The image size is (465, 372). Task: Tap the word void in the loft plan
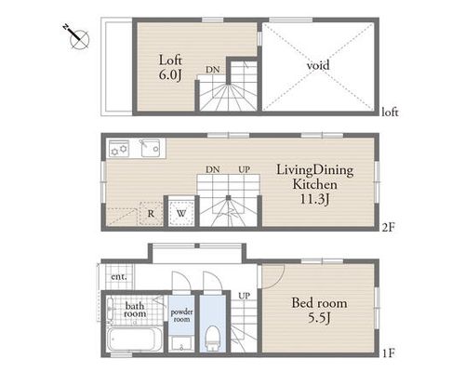318,65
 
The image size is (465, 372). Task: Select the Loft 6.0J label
170,68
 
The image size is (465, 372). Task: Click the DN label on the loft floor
213,70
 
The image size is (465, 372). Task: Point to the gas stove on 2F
119,148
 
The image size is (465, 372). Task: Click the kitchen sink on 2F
151,148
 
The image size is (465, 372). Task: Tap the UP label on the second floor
244,169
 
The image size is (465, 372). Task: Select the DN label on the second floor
213,169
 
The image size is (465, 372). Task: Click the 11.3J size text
314,199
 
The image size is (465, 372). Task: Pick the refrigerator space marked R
151,213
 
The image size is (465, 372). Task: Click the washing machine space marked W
181,213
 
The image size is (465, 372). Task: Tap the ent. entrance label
119,276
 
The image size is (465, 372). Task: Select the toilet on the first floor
213,338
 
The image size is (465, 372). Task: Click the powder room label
181,315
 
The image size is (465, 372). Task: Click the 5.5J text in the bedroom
319,318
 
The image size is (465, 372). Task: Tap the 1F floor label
388,352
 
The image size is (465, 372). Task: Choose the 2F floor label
388,228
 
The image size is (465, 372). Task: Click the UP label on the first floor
244,296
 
